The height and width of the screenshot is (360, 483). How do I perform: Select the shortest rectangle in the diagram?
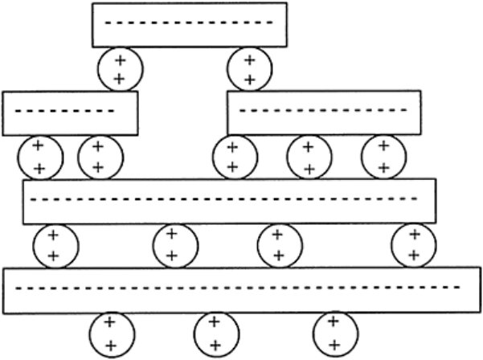point(70,111)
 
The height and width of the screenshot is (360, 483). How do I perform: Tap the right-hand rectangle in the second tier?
point(323,112)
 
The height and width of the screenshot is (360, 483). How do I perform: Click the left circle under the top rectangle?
point(119,68)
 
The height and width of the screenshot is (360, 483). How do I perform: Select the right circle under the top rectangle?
point(249,68)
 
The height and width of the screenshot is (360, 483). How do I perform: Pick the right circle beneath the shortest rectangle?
point(99,157)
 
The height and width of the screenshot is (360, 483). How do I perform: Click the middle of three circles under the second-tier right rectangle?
point(309,157)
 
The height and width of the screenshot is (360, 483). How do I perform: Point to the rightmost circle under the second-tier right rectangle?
point(383,157)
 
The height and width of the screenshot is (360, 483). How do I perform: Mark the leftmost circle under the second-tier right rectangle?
point(232,157)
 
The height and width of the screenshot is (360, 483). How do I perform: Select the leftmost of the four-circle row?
point(54,245)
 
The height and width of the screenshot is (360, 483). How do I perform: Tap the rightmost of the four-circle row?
point(414,245)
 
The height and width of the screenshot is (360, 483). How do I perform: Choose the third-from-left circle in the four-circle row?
point(277,245)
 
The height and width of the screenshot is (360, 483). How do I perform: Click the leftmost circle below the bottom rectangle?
point(110,333)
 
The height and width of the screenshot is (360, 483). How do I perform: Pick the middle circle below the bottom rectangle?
point(215,333)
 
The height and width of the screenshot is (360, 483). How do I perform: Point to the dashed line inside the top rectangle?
point(189,22)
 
